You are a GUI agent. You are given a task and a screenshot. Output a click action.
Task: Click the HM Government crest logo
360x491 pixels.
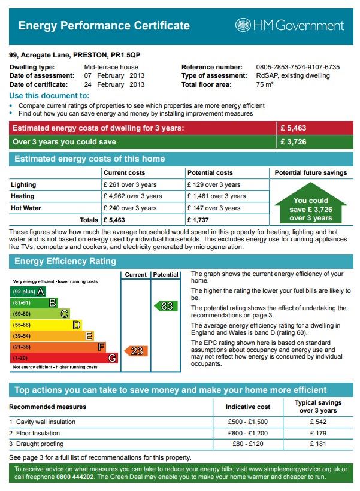tap(243, 25)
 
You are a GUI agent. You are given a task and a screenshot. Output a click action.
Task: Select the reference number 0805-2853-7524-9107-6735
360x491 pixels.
tap(297, 67)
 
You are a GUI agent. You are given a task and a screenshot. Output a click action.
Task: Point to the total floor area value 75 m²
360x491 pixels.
tap(264, 84)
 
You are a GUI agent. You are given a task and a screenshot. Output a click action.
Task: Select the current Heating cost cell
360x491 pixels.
tap(132, 196)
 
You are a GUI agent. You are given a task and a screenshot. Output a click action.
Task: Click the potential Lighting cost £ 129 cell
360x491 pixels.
tap(214, 184)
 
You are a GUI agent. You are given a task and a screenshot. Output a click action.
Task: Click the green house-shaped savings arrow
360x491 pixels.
tap(310, 207)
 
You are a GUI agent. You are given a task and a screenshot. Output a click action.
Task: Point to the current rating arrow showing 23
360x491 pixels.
tap(136, 351)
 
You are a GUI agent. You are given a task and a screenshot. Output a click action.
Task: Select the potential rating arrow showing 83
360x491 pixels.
tap(166, 306)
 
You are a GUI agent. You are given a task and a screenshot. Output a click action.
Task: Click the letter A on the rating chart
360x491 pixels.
tap(40, 292)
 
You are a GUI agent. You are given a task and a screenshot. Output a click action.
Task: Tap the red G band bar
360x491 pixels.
tap(63, 357)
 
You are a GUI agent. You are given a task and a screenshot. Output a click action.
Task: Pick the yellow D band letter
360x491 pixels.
tap(76, 325)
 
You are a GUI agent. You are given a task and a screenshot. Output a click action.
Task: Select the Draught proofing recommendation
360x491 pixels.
tap(38, 444)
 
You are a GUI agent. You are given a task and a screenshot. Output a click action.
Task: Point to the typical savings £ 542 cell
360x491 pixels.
tap(318, 422)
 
